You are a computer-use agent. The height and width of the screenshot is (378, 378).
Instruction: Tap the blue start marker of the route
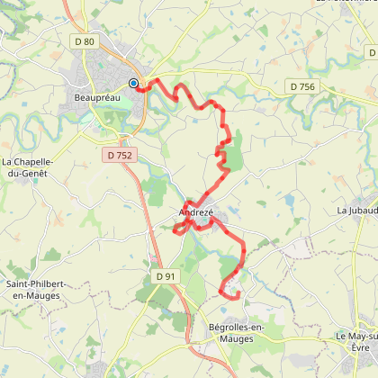tap(133, 84)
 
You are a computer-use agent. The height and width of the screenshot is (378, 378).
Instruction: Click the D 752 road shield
tap(119, 156)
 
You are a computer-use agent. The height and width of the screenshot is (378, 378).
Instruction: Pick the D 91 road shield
tap(163, 275)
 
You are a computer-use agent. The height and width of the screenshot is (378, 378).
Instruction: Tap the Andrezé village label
tap(196, 212)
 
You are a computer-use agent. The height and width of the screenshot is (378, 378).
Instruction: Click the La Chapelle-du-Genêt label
tap(28, 167)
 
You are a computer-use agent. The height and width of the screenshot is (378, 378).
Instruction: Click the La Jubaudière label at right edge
tap(357, 210)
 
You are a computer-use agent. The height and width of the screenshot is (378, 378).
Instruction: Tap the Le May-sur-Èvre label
tap(357, 340)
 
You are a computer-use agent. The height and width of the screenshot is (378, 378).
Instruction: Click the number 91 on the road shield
tap(167, 275)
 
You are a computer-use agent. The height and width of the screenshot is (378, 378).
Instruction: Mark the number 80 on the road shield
tap(90, 41)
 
